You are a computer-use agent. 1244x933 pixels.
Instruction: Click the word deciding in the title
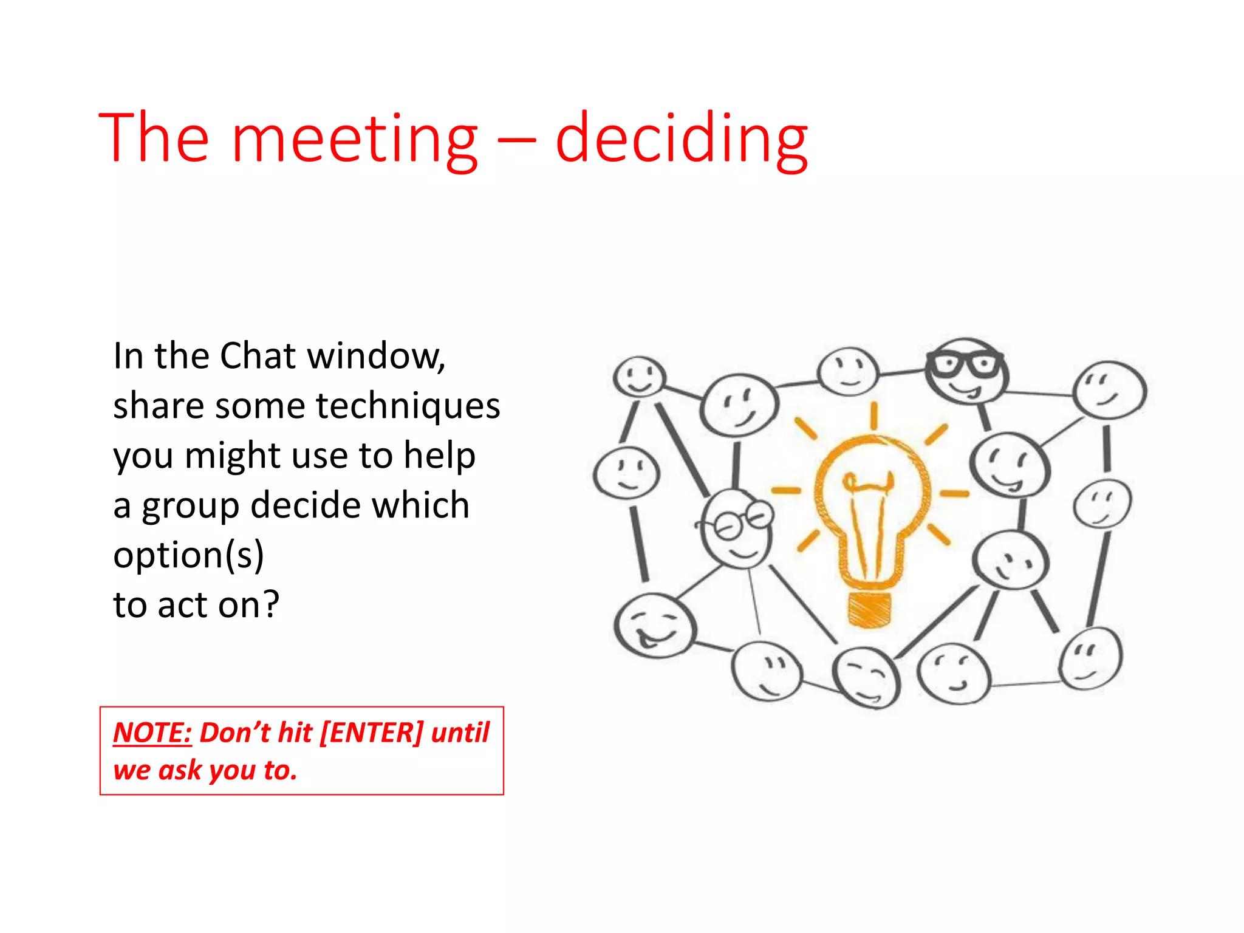coord(682,140)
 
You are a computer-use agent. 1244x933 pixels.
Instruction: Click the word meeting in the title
coord(355,140)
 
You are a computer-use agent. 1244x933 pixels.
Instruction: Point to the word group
coord(191,506)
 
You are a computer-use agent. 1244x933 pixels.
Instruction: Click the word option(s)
coord(188,555)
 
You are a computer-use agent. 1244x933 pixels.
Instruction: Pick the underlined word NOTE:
coord(152,733)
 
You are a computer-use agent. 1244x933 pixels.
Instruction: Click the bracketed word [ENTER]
coord(371,733)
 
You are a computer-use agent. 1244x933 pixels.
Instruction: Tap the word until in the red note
coord(460,733)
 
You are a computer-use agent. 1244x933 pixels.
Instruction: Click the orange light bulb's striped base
coord(870,609)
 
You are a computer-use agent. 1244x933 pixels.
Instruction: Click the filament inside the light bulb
coord(869,486)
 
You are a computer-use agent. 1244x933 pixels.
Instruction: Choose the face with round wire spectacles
coord(737,528)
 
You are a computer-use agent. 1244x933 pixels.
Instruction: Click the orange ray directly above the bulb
coord(873,415)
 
